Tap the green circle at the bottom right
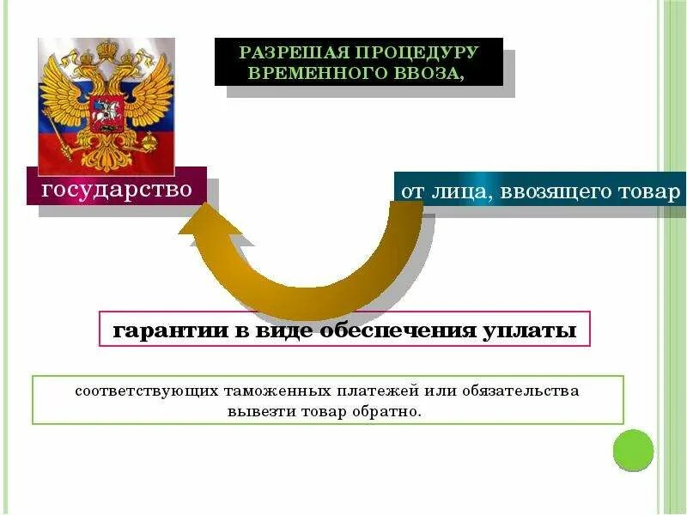coord(634,451)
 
